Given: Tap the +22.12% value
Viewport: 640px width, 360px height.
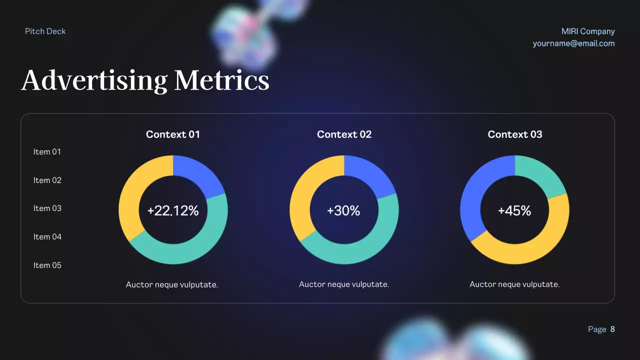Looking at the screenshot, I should pos(173,211).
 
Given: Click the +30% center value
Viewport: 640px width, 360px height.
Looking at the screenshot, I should pos(343,211).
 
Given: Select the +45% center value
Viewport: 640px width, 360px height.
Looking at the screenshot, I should pos(514,211).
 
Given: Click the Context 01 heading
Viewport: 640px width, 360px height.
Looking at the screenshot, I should pos(173,134).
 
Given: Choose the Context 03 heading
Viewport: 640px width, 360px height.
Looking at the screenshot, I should pos(515,134).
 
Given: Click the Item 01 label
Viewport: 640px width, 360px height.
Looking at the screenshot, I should pos(47,152).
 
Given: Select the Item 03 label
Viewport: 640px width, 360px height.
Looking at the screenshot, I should pos(47,208).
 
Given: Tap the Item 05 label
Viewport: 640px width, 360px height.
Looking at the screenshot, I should pos(47,265).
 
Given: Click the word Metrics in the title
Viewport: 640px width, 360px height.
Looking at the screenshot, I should pos(221,80).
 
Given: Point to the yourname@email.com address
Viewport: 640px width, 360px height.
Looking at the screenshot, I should pos(573,43).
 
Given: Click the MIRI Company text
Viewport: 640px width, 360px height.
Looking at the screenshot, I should pos(588,31).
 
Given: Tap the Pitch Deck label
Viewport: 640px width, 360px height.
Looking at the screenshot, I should pos(45,31).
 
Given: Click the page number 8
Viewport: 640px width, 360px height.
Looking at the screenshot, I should pos(612,329).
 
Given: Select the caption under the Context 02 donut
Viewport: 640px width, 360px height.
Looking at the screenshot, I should pos(344,284).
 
